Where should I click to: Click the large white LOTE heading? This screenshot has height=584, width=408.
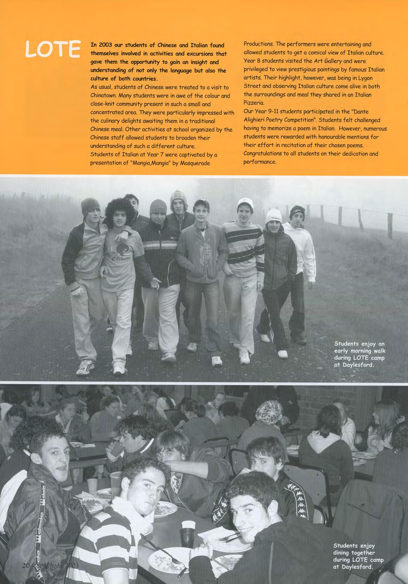53,49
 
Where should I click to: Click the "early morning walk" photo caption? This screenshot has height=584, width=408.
359,354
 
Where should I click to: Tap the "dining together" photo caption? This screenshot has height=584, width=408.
358,556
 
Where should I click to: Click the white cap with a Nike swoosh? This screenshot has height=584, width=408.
245,203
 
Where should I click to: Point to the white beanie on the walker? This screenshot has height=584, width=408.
273,216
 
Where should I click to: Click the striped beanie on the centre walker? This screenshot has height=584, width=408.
158,207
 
